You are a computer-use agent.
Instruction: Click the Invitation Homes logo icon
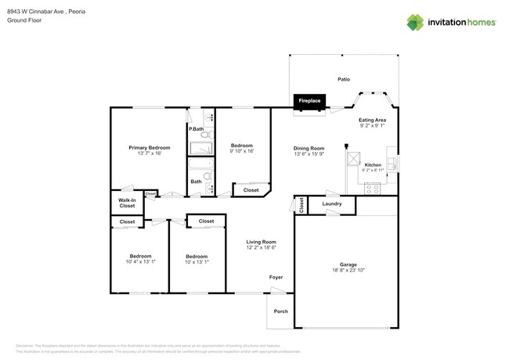pos(416,22)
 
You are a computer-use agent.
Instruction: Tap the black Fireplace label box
pos(310,101)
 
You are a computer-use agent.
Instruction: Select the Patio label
pos(343,79)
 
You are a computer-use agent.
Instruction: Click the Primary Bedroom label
pos(149,147)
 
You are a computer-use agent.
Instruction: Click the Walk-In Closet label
pos(127,203)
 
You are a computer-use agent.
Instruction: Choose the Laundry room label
pos(331,204)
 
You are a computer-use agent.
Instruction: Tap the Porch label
pos(280,311)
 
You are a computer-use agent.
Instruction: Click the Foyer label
pos(276,277)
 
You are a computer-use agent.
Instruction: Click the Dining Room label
pos(309,148)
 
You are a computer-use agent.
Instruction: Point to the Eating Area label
pos(372,120)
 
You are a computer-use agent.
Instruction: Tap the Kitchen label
pos(373,164)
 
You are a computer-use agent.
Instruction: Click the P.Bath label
pos(196,128)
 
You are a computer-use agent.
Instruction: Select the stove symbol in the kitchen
pos(373,188)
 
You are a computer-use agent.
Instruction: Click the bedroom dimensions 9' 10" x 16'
pos(242,152)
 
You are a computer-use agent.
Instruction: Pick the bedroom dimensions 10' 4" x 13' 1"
pos(140,261)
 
